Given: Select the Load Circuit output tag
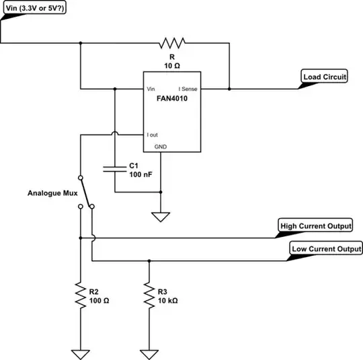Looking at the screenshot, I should pyautogui.click(x=325, y=77).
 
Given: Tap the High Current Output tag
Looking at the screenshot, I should pyautogui.click(x=315, y=225).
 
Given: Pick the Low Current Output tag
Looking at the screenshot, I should pyautogui.click(x=325, y=249).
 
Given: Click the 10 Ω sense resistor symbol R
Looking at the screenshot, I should pyautogui.click(x=172, y=44).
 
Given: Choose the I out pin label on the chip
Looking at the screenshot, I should pyautogui.click(x=155, y=135).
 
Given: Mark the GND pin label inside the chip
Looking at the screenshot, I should pyautogui.click(x=161, y=146).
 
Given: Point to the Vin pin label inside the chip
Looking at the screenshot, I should pyautogui.click(x=151, y=89).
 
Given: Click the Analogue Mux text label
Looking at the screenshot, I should pyautogui.click(x=52, y=193).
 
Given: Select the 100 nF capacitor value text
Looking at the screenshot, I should pyautogui.click(x=141, y=174).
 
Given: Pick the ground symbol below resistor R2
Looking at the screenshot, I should pyautogui.click(x=79, y=352).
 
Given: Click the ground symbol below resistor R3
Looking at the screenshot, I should pyautogui.click(x=147, y=352).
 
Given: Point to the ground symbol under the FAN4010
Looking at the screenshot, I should pyautogui.click(x=161, y=217).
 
